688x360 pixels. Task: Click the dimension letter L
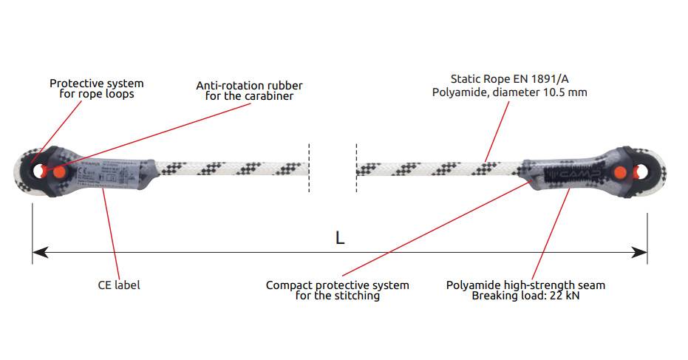[339, 238]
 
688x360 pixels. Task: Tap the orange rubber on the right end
[620, 173]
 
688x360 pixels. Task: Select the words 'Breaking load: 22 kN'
[525, 296]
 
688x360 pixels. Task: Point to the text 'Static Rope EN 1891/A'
[509, 78]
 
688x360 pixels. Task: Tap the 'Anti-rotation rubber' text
[249, 86]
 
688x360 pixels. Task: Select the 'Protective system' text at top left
[96, 84]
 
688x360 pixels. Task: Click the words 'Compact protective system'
[337, 285]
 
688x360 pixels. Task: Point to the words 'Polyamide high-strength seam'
[525, 285]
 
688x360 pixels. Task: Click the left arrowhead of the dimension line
[39, 253]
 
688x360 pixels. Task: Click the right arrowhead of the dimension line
[641, 253]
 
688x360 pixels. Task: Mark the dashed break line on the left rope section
[309, 169]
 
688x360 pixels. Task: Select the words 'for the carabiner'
[249, 97]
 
